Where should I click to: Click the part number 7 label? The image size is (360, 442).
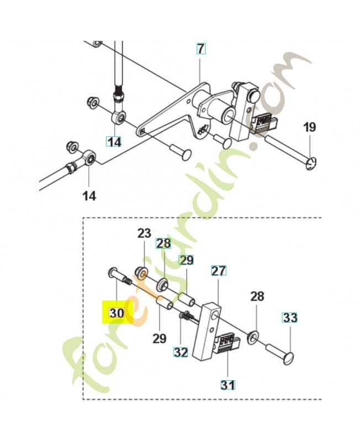tap(200, 49)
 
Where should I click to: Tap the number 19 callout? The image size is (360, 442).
tap(310, 128)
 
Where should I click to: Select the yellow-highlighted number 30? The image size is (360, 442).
tap(117, 313)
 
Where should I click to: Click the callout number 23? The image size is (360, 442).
tap(144, 233)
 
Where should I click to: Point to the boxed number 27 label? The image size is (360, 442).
tap(219, 271)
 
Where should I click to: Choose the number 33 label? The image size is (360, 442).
tap(290, 318)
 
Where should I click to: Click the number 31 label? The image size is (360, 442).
tap(227, 385)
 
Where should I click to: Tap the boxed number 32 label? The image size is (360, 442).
tap(181, 352)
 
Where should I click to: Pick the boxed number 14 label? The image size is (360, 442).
tap(114, 142)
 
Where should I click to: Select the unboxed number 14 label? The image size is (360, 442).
tap(89, 196)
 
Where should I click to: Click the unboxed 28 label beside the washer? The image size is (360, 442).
tap(257, 297)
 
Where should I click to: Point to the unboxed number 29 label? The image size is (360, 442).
tap(160, 338)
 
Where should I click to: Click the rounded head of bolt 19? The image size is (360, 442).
tap(311, 164)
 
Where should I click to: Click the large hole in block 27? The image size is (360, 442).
tap(215, 315)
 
